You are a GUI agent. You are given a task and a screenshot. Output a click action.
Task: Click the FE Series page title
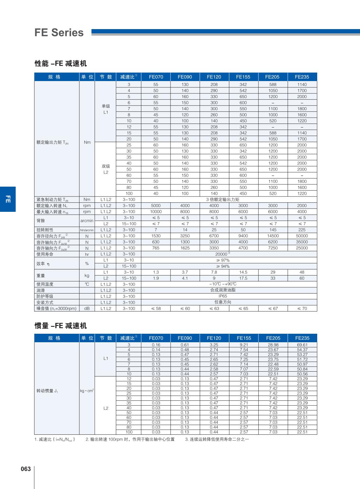[59, 33]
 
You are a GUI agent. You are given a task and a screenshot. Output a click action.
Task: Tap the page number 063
[25, 469]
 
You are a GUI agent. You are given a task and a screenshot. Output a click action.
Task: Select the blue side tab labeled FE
[8, 199]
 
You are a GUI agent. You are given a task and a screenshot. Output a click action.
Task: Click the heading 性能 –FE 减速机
[61, 63]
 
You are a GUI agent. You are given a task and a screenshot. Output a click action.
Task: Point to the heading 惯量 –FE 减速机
[61, 326]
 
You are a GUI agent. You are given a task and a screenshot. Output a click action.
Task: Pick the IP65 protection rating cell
[222, 296]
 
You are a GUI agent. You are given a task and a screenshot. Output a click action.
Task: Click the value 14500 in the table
[273, 236]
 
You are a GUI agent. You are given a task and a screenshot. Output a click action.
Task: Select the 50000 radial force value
[302, 236]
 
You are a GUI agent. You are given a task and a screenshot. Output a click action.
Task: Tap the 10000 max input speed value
[156, 211]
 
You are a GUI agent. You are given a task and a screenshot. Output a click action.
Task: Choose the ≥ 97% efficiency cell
[222, 260]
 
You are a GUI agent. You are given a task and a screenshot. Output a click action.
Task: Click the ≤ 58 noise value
[156, 308]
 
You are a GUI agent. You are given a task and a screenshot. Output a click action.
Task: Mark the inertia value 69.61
[302, 345]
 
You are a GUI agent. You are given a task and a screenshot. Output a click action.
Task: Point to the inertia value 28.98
[273, 345]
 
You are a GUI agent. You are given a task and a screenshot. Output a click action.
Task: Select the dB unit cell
[87, 308]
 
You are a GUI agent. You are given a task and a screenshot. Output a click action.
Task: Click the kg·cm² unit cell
[87, 391]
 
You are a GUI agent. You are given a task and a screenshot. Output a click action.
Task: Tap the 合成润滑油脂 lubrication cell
[222, 290]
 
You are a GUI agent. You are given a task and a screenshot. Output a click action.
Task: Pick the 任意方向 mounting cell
[222, 302]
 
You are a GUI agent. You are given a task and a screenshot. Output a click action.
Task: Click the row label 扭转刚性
[45, 230]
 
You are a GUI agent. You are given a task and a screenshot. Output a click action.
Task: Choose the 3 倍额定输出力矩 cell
[222, 199]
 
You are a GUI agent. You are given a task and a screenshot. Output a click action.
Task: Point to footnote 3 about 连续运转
[217, 439]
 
